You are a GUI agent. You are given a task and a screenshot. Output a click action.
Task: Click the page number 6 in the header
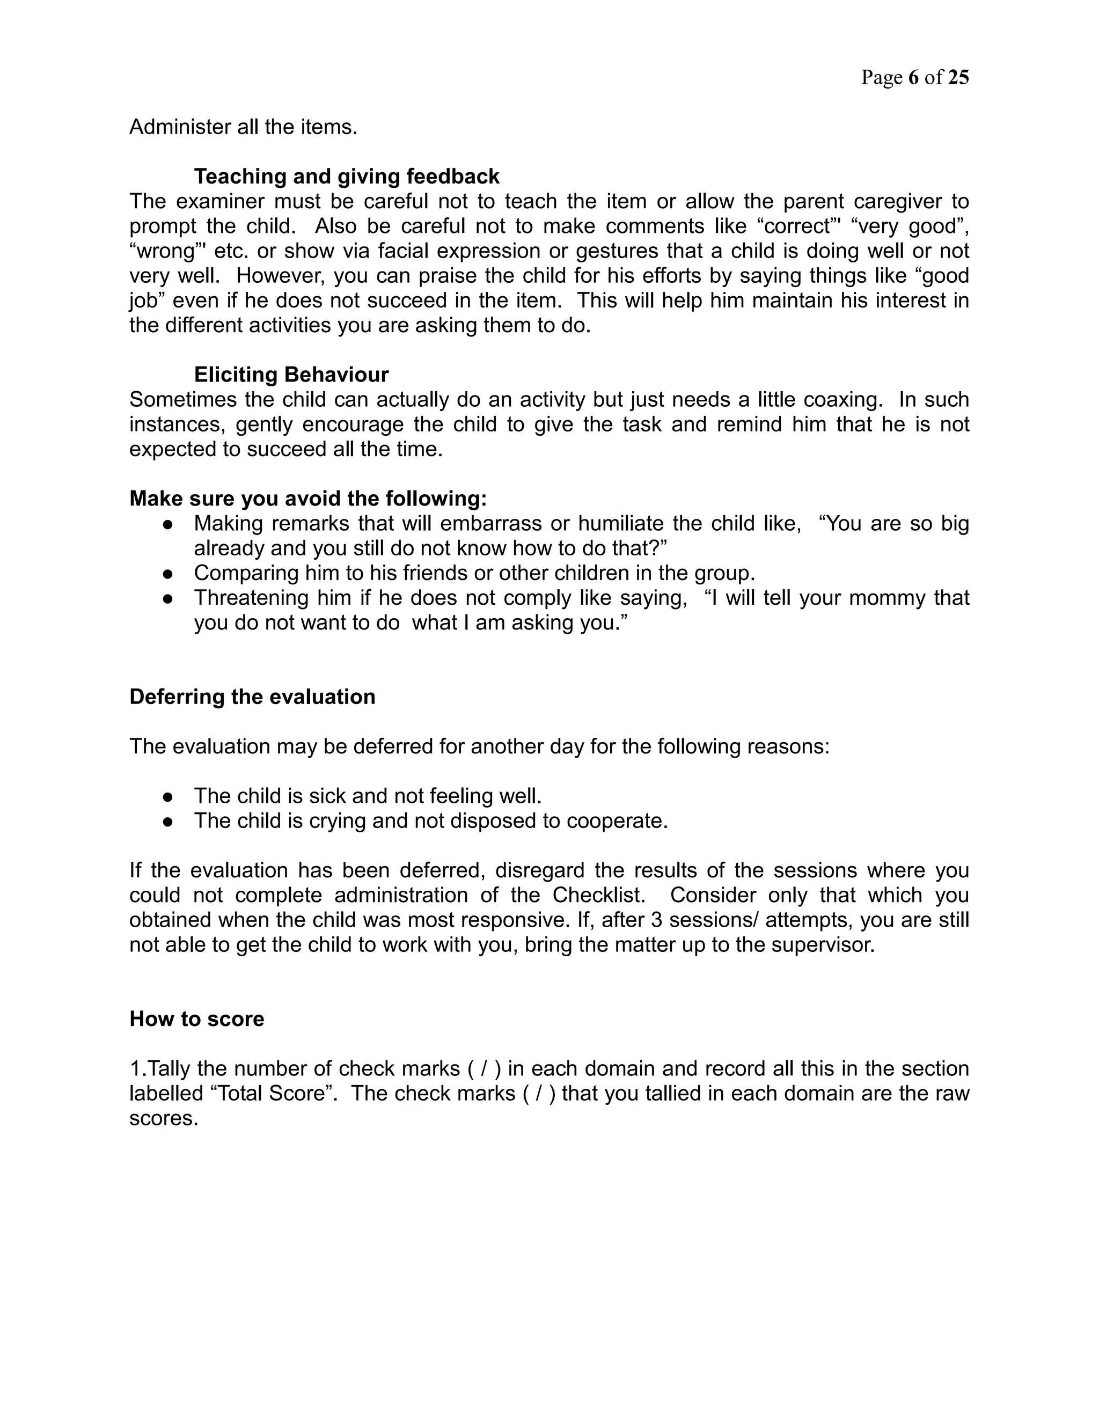point(913,77)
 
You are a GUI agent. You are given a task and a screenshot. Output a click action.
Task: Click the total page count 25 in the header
point(958,77)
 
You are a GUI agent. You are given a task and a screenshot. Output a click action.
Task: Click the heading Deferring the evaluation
point(252,697)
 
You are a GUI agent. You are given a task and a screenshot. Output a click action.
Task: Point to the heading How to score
point(196,1019)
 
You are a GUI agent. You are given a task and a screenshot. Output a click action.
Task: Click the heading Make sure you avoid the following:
point(308,498)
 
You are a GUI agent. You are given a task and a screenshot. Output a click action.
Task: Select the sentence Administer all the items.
point(244,127)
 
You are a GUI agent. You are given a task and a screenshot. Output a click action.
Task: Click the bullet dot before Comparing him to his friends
point(168,574)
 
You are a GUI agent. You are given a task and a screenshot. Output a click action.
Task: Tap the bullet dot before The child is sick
point(168,796)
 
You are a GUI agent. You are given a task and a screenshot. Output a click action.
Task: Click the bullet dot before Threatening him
point(168,598)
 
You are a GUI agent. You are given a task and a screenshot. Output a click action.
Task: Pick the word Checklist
point(598,895)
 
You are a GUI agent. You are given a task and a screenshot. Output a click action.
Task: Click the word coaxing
point(843,399)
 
